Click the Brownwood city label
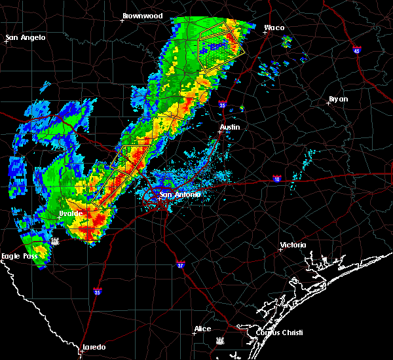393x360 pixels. pyautogui.click(x=142, y=14)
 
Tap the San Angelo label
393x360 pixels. pyautogui.click(x=26, y=37)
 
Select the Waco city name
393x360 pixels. pyautogui.click(x=274, y=28)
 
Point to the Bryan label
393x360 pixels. pyautogui.click(x=339, y=99)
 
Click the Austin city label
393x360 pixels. pyautogui.click(x=230, y=127)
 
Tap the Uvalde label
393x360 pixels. pyautogui.click(x=70, y=213)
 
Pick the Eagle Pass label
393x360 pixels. pyautogui.click(x=19, y=256)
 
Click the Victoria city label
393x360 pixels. pyautogui.click(x=293, y=245)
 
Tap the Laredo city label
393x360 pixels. pyautogui.click(x=94, y=348)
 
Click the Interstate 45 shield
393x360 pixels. pyautogui.click(x=356, y=50)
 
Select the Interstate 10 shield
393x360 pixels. pyautogui.click(x=277, y=178)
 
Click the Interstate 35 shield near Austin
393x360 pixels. pyautogui.click(x=223, y=105)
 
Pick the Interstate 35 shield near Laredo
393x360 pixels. pyautogui.click(x=97, y=292)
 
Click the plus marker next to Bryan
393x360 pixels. pyautogui.click(x=328, y=103)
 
